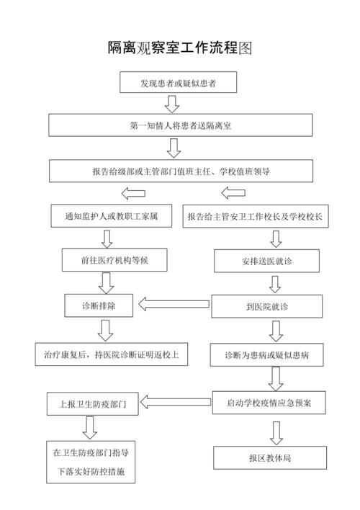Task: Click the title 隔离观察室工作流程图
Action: [180, 48]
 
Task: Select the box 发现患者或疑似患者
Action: [179, 84]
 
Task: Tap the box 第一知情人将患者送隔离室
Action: [180, 125]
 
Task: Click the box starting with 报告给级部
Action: [180, 171]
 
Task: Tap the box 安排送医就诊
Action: [266, 261]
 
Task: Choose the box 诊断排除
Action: [98, 305]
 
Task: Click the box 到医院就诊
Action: [266, 306]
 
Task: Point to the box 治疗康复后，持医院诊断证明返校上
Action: [112, 354]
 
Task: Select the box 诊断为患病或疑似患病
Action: [266, 354]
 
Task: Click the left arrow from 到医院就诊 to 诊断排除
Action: [172, 305]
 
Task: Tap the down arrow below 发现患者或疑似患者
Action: [172, 104]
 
